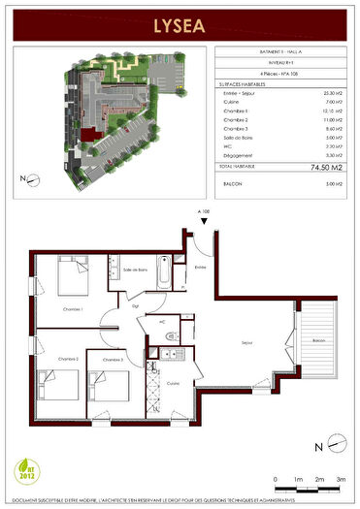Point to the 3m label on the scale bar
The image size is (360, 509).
tap(341, 479)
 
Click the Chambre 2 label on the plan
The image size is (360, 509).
tap(67, 359)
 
